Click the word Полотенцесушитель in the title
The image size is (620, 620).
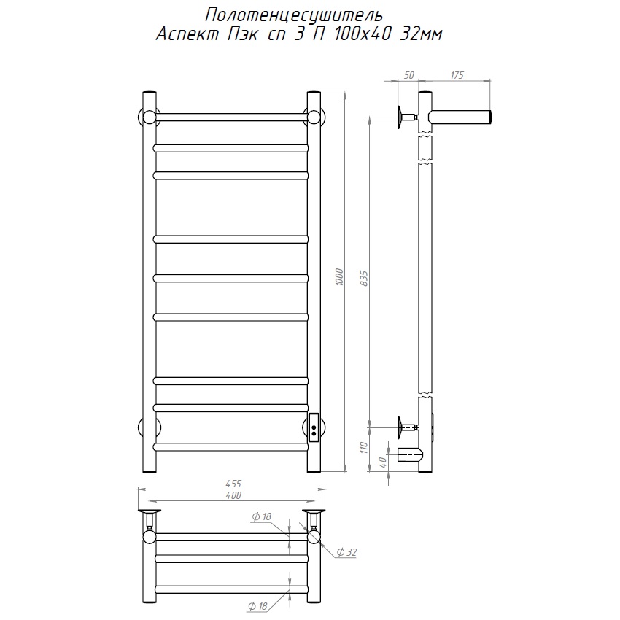click(294, 15)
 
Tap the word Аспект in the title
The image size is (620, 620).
click(187, 34)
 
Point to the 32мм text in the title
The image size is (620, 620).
click(421, 34)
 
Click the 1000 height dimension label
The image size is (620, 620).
click(339, 277)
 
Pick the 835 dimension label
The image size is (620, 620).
click(364, 279)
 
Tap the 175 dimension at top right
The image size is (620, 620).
click(457, 75)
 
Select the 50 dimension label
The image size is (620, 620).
click(409, 75)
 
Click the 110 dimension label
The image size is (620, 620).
click(364, 448)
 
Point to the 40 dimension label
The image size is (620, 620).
click(382, 462)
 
